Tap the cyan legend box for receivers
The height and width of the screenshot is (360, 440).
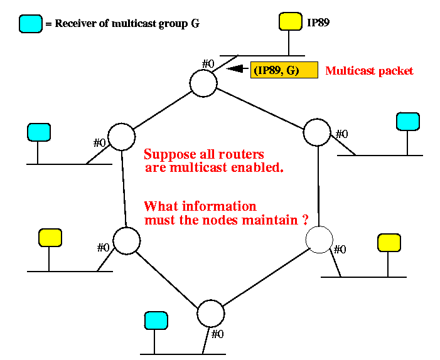tap(30, 24)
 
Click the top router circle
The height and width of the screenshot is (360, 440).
tap(203, 83)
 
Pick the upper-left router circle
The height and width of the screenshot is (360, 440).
tap(122, 137)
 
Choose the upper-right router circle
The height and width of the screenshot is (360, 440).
tap(317, 132)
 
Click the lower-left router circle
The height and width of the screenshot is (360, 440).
tap(126, 240)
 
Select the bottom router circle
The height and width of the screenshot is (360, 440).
tap(210, 313)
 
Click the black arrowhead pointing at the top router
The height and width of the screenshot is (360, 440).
tap(234, 70)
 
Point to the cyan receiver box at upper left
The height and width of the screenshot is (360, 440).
tap(38, 132)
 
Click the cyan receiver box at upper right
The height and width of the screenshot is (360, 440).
tap(408, 121)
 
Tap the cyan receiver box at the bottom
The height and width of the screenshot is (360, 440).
tap(156, 320)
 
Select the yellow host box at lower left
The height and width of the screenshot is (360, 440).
tap(50, 238)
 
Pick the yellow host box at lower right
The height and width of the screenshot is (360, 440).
tap(389, 243)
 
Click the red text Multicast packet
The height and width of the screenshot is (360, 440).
tap(369, 71)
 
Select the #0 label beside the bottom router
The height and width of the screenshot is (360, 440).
tap(217, 334)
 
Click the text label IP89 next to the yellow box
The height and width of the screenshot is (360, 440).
tap(318, 23)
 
